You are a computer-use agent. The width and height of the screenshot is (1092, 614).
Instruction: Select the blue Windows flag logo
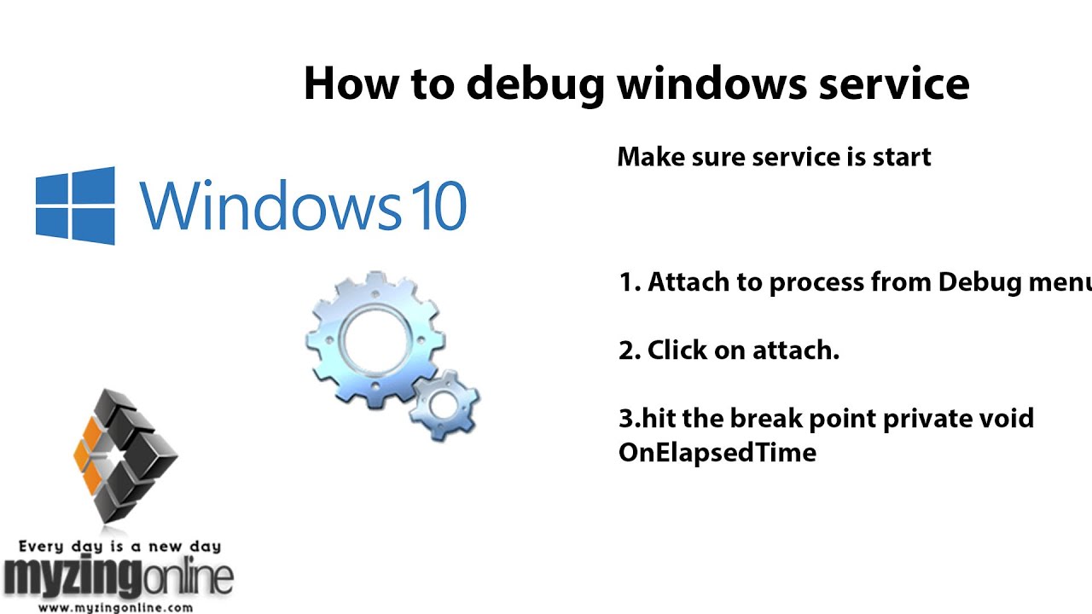(x=75, y=206)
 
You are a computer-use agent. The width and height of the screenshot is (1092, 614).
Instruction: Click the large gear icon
(x=374, y=337)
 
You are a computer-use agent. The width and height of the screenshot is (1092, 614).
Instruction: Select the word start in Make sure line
(x=902, y=157)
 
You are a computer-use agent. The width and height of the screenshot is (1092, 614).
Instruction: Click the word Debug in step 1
(x=981, y=282)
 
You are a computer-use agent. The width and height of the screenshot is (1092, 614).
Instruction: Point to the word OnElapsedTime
(x=717, y=452)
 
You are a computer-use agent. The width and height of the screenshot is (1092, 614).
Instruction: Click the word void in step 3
(x=1008, y=419)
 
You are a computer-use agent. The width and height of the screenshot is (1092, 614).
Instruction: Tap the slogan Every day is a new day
(x=119, y=547)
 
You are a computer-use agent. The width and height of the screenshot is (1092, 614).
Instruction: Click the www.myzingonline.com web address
(x=115, y=608)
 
